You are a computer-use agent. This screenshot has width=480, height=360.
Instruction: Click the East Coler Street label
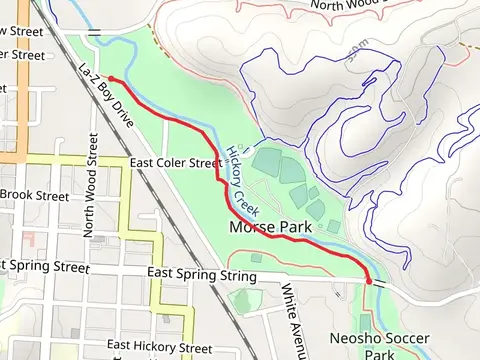coord(175,162)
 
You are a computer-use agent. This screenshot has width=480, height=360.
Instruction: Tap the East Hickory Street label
coord(159,346)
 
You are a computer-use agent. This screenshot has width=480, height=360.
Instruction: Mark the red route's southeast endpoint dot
coord(370,282)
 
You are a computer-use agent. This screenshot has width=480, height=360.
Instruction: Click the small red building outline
coord(27,241)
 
